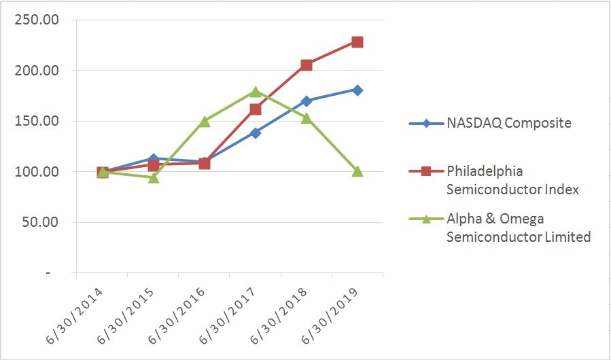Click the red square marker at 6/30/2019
click(x=357, y=42)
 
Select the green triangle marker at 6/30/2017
click(x=256, y=92)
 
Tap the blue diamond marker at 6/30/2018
click(x=307, y=101)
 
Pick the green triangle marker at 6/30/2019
click(x=357, y=171)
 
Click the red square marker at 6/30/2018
click(x=307, y=65)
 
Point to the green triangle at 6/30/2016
click(x=205, y=122)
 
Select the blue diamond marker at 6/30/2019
click(x=357, y=90)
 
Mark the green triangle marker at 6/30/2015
click(x=154, y=177)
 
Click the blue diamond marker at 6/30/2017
click(x=256, y=133)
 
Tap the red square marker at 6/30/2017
click(x=256, y=109)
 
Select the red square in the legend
click(x=426, y=170)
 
